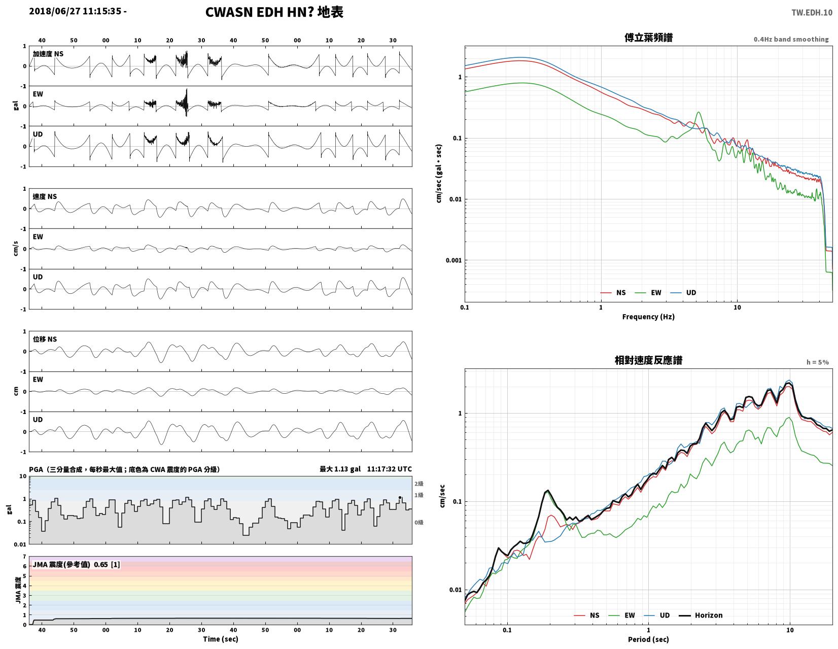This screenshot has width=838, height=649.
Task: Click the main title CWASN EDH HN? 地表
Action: point(274,12)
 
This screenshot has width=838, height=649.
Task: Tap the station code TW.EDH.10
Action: point(812,12)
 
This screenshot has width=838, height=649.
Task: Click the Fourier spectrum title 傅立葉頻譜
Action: point(648,38)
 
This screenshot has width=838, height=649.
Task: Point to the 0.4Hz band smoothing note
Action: point(791,39)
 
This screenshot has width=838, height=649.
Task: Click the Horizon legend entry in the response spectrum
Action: point(701,615)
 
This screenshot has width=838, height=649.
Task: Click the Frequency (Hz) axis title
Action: point(648,317)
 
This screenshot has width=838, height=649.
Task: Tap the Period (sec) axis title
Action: point(648,639)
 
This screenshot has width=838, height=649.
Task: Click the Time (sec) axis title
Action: point(221,639)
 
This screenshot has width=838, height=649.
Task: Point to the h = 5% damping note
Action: point(817,362)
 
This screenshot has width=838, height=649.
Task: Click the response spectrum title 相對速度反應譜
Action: point(648,360)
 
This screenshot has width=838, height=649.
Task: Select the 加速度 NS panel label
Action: point(48,54)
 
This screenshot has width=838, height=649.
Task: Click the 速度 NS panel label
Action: point(45,197)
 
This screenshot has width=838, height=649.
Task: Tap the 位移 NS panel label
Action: point(45,339)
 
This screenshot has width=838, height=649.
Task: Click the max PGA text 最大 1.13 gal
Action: point(340,469)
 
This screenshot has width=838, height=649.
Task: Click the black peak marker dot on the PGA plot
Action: point(400,497)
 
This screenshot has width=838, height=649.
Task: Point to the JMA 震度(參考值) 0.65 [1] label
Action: point(77,565)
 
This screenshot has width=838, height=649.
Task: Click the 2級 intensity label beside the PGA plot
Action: point(419,484)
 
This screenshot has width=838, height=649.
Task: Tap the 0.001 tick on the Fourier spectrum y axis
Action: point(453,260)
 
